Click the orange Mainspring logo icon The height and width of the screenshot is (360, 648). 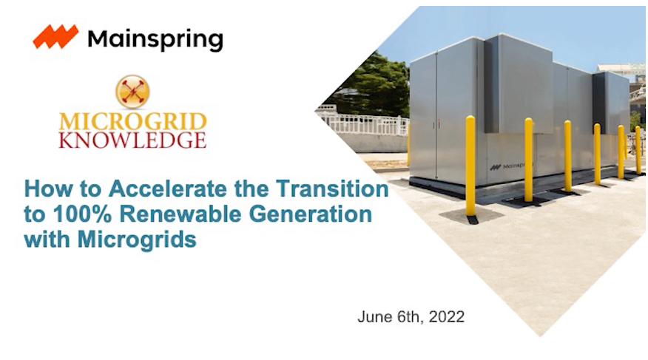56,37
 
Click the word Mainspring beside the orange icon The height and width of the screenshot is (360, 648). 155,38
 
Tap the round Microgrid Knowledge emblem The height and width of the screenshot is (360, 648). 133,91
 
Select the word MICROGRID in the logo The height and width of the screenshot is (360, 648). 133,121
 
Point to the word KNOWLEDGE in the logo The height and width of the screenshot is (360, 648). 133,140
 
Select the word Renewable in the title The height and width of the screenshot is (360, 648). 167,215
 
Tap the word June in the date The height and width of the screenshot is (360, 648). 374,317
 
